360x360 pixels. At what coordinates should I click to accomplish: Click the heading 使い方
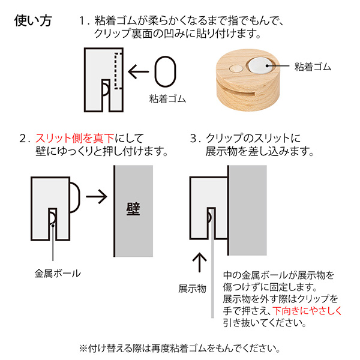(33, 20)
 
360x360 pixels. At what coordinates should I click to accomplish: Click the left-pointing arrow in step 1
(140, 73)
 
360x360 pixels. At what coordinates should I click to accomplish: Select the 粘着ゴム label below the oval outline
(165, 98)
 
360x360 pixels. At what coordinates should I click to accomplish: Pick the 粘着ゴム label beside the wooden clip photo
(313, 65)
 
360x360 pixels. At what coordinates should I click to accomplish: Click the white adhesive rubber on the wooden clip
(259, 63)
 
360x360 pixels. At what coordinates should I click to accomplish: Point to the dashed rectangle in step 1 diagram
(118, 71)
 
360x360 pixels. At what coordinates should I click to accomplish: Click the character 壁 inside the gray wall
(133, 209)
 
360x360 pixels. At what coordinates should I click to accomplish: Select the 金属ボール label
(57, 273)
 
